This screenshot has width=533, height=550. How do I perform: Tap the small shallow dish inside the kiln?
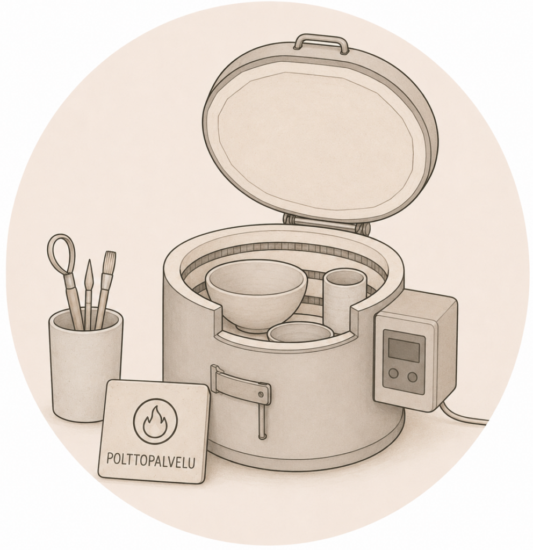click(x=300, y=331)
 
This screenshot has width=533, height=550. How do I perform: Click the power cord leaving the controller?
click(x=463, y=415)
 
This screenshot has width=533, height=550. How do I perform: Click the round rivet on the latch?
click(x=261, y=395)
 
